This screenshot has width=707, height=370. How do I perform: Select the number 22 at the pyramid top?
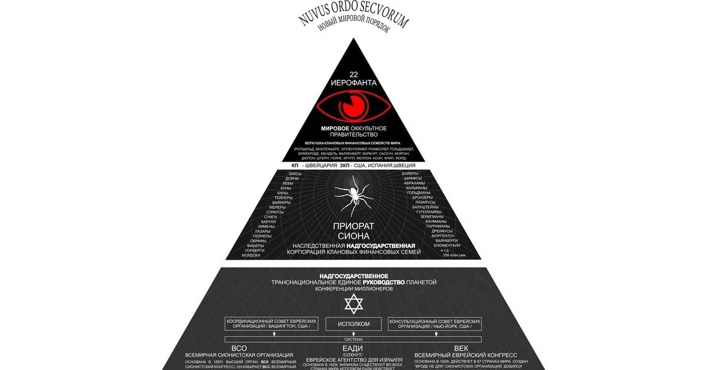[x=354, y=74]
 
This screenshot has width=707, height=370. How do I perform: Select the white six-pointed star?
[x=353, y=304]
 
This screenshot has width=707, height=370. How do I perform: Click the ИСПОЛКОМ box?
[x=354, y=324]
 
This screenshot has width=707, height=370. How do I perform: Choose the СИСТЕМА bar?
[x=354, y=339]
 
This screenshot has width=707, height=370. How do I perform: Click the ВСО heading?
[x=239, y=348]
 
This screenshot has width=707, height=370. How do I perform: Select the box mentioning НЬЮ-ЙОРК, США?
[x=435, y=323]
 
